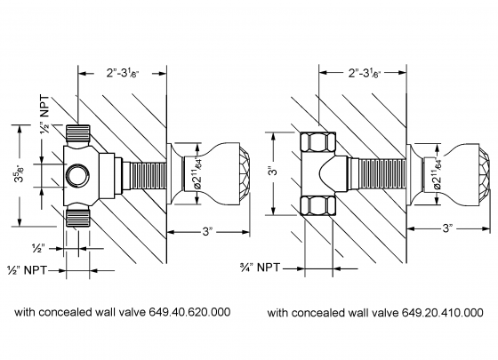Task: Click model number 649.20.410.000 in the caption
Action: coord(441,313)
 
